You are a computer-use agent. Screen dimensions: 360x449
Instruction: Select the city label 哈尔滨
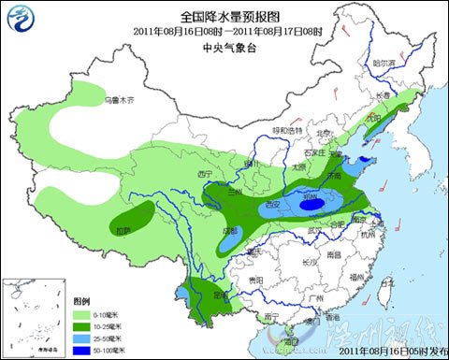[384, 64]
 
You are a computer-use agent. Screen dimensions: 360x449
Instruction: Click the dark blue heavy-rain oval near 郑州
[311, 202]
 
